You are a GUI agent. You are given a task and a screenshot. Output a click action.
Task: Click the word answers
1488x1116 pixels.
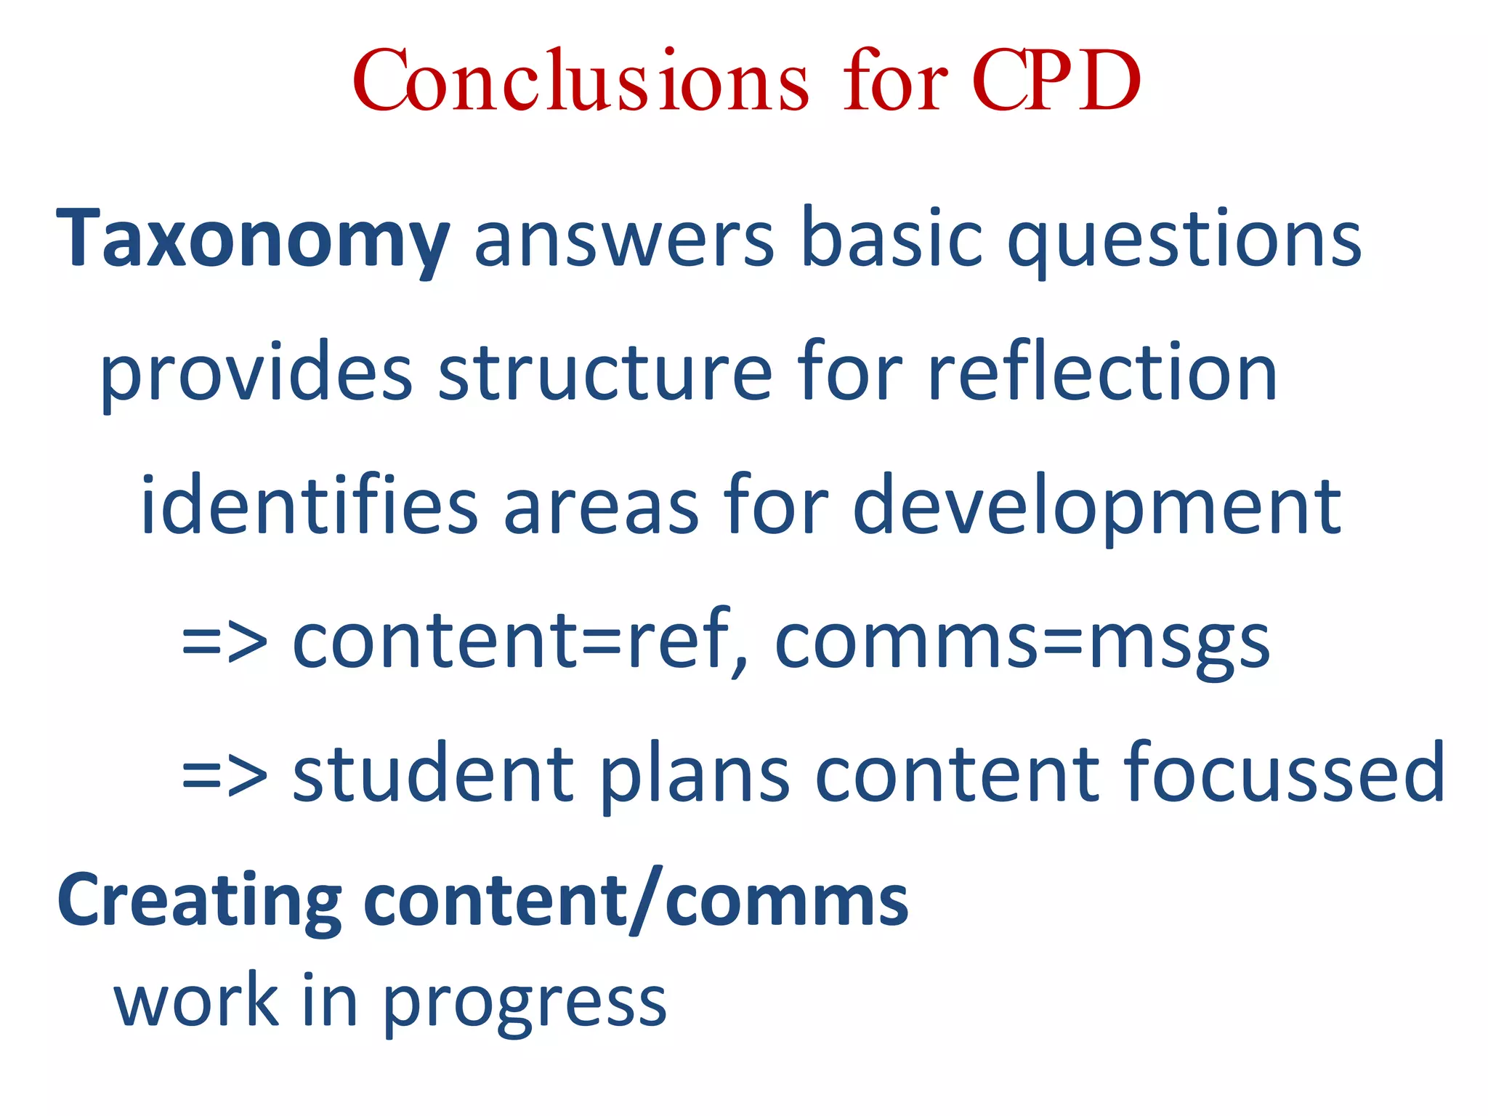pos(625,240)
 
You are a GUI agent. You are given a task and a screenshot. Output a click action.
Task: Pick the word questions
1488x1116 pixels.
pos(1184,240)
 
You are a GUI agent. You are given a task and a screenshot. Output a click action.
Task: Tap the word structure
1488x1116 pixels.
pos(605,373)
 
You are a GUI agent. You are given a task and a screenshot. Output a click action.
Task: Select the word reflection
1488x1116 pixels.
pos(1102,373)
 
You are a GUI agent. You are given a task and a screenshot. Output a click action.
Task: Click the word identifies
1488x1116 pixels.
pos(309,505)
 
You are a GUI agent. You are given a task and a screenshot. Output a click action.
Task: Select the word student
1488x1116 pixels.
pos(433,774)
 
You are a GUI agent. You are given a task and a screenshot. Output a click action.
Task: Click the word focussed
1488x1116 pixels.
pos(1284,774)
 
